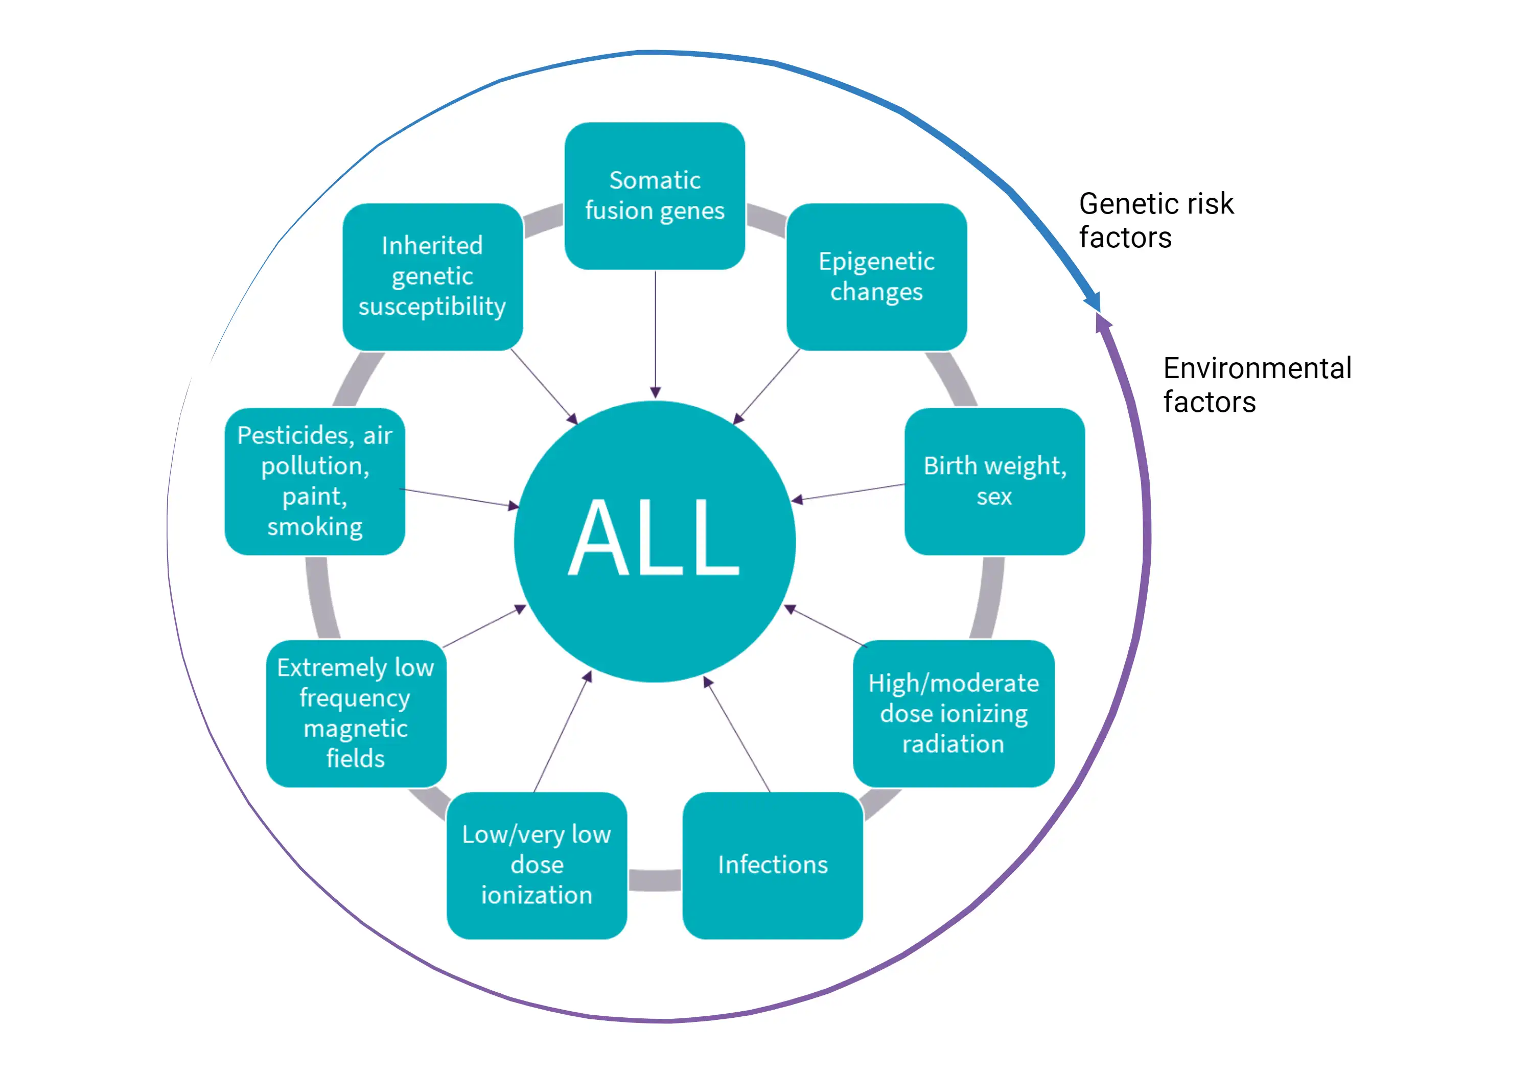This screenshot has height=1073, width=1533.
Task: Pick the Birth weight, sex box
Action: [x=994, y=481]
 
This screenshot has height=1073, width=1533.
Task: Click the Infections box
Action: [x=773, y=866]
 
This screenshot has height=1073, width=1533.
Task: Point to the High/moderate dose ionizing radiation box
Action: [x=954, y=713]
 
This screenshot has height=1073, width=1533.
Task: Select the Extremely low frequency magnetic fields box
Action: [x=356, y=713]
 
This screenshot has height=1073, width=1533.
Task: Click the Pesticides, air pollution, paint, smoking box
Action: [x=314, y=481]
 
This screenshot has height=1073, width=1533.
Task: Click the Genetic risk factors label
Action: [x=1156, y=220]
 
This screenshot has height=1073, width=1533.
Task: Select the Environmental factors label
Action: [x=1257, y=385]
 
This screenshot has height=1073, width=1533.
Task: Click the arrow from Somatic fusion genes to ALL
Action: [x=655, y=334]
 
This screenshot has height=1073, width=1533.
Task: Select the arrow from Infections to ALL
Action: [x=738, y=734]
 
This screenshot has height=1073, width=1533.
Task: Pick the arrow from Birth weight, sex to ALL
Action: [x=848, y=493]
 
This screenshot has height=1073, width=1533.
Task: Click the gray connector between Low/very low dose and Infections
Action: [x=654, y=880]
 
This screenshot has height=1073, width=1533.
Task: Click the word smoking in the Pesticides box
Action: [x=314, y=527]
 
